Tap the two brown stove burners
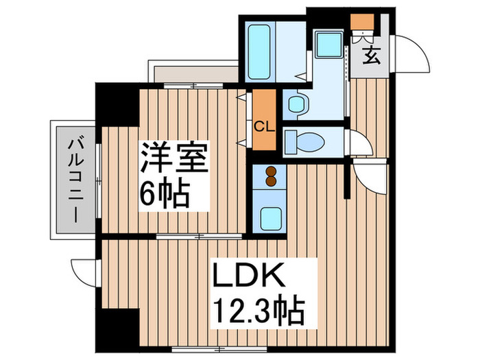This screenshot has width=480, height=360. click(270, 177)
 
